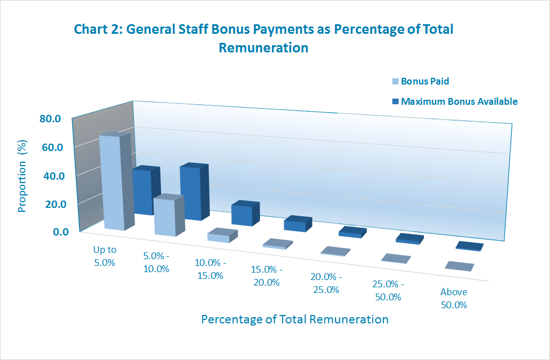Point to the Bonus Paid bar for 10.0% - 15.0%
218,237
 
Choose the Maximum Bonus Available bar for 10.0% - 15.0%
242,215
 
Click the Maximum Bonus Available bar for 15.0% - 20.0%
295,224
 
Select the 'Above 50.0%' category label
454,299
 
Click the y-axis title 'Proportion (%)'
23,178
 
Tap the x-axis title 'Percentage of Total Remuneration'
294,319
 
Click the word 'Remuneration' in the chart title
263,48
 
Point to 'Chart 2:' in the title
97,29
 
